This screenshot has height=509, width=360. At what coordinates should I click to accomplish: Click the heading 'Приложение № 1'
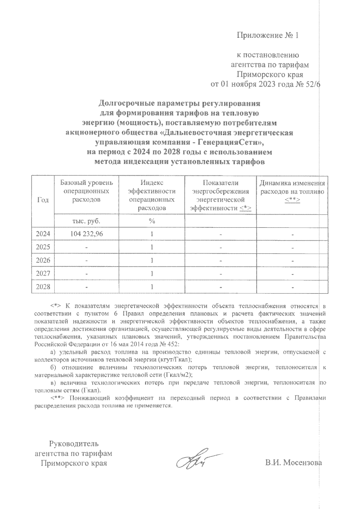268,35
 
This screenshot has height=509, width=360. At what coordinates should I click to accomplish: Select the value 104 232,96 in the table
86,234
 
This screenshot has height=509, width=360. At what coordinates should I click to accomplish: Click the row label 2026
43,260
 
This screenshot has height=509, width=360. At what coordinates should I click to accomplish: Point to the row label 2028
43,287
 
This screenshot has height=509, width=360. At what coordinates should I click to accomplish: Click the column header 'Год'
43,200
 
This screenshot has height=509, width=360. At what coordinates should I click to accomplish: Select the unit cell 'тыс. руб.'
86,221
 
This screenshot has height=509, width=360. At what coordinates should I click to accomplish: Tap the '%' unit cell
152,221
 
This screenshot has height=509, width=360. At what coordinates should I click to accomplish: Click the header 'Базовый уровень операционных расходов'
86,191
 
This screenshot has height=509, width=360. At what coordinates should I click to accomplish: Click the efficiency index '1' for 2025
152,247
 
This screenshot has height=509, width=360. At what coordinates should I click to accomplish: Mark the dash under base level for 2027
86,274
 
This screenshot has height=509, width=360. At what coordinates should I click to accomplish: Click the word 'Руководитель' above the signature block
74,443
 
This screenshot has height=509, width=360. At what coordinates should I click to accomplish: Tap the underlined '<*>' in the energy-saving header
246,208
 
